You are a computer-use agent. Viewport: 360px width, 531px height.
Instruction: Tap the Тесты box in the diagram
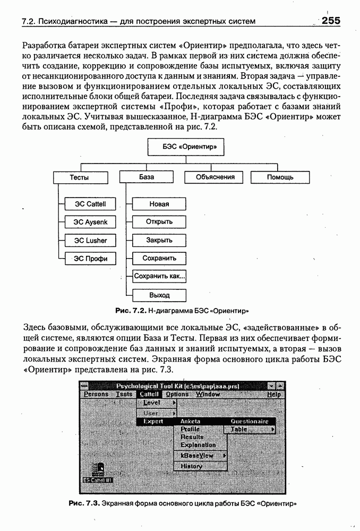pyautogui.click(x=80, y=177)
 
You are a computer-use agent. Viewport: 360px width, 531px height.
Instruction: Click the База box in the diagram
pyautogui.click(x=147, y=177)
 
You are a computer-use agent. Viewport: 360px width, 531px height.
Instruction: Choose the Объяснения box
pyautogui.click(x=216, y=177)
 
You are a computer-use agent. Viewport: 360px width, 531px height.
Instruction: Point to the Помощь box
pyautogui.click(x=280, y=177)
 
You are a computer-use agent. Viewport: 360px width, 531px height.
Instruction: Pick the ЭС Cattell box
pyautogui.click(x=90, y=203)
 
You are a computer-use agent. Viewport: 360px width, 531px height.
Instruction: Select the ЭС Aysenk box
pyautogui.click(x=90, y=222)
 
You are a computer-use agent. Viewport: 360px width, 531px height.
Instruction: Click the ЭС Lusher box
pyautogui.click(x=90, y=241)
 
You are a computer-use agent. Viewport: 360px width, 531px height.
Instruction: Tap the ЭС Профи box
pyautogui.click(x=90, y=259)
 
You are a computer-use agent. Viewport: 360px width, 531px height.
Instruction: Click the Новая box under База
pyautogui.click(x=159, y=203)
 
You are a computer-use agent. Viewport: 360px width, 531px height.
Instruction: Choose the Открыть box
pyautogui.click(x=159, y=222)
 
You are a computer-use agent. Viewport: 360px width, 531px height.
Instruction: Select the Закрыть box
pyautogui.click(x=159, y=241)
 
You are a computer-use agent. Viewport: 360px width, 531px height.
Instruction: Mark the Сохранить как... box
pyautogui.click(x=159, y=277)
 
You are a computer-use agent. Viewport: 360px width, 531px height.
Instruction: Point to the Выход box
pyautogui.click(x=159, y=295)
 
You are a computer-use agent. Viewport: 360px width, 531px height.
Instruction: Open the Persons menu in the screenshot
pyautogui.click(x=96, y=395)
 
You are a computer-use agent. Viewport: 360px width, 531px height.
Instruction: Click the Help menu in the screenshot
pyautogui.click(x=274, y=395)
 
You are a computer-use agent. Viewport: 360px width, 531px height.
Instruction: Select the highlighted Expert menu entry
pyautogui.click(x=153, y=421)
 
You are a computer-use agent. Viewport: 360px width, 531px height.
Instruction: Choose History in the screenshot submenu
pyautogui.click(x=191, y=466)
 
